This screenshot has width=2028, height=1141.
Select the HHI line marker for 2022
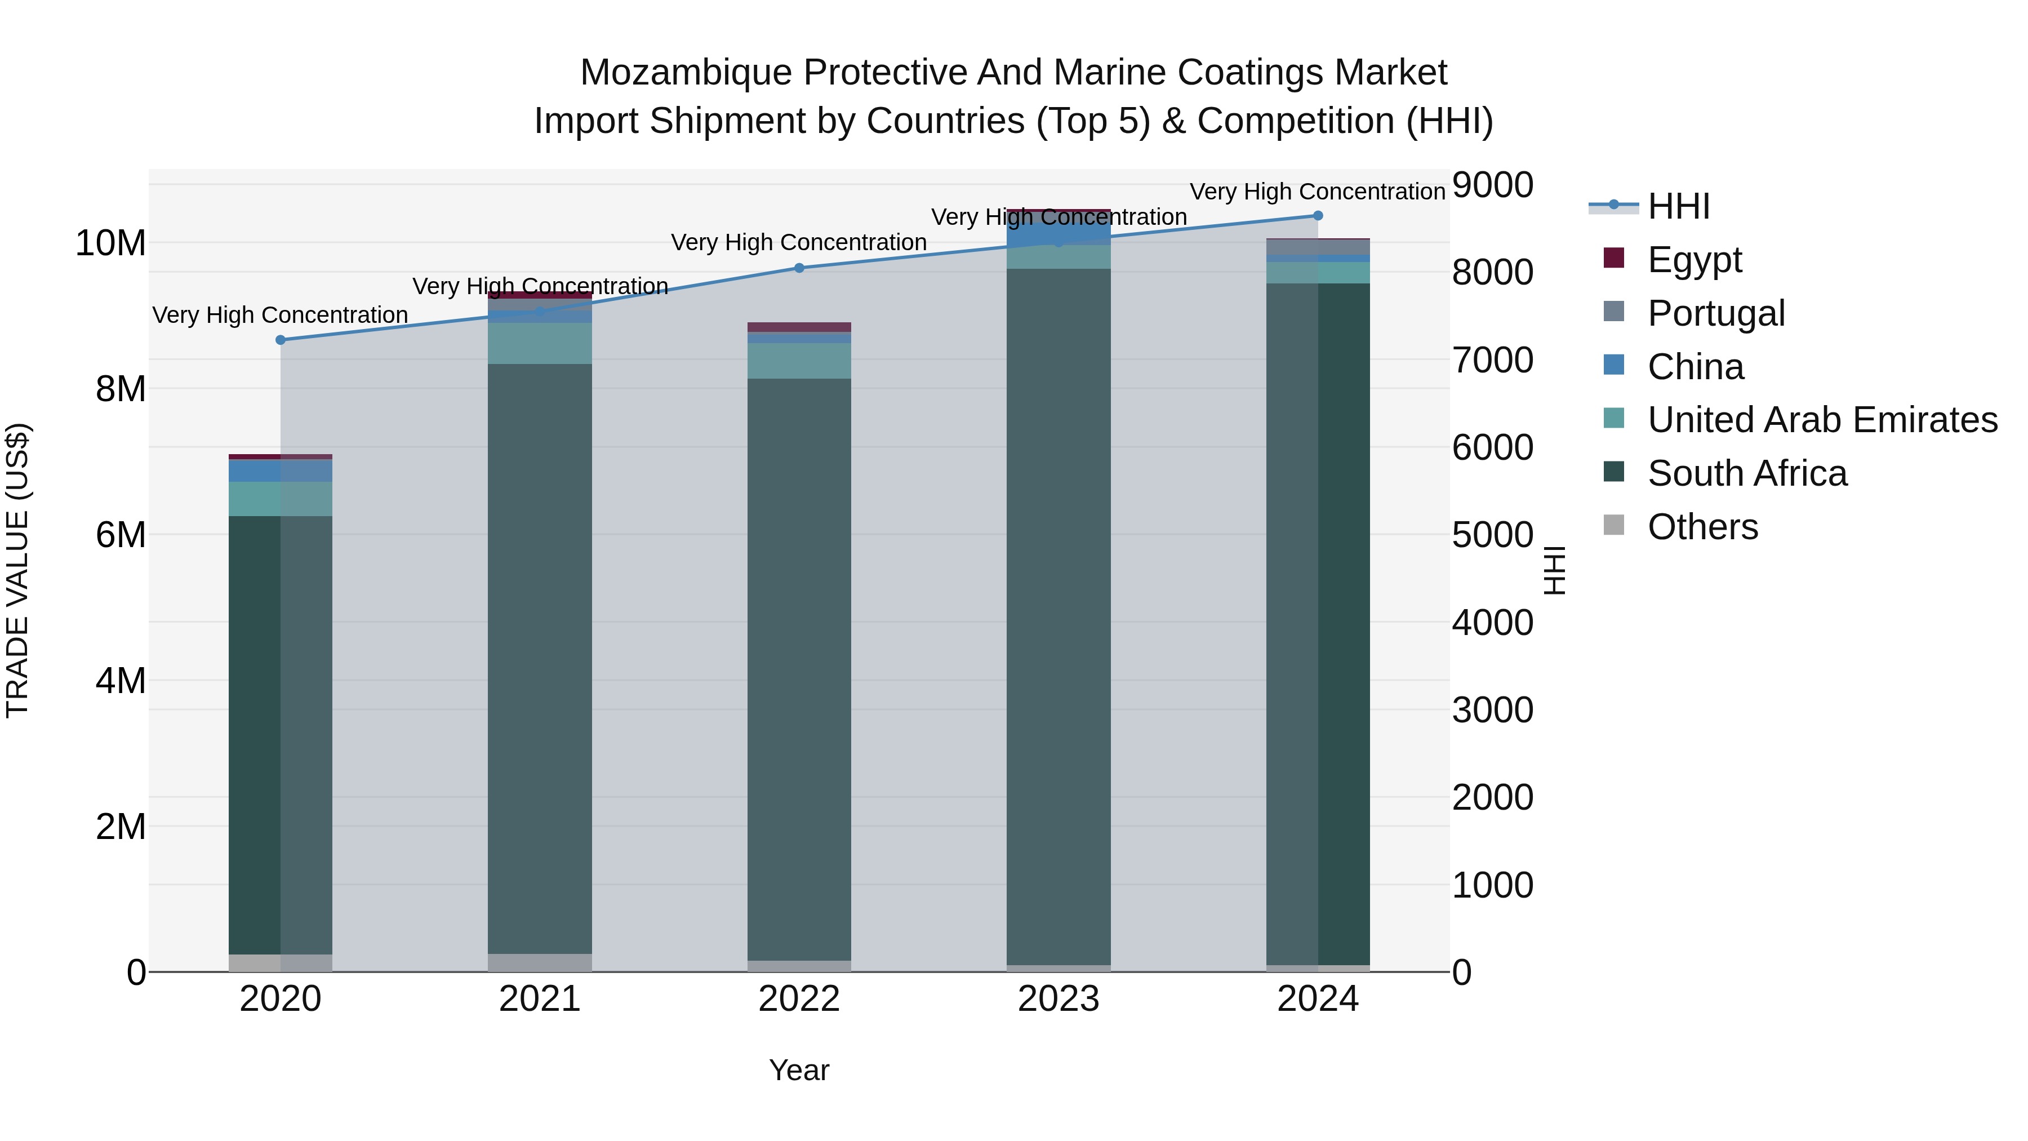point(799,268)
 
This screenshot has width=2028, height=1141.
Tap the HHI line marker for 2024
point(1318,216)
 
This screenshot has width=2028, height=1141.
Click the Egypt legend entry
point(1694,259)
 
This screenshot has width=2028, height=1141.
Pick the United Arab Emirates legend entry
point(1822,420)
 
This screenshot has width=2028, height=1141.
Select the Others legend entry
point(1702,527)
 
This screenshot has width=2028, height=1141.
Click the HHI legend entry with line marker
point(1678,206)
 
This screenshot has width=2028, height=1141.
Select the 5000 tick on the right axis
point(1492,535)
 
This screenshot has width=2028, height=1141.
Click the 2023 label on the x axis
point(1058,999)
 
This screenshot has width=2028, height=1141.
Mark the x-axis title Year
point(798,1070)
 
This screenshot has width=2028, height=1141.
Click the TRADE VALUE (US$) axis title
point(17,570)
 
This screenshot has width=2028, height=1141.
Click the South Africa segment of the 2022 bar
point(799,669)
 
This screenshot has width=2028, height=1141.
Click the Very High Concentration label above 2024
point(1317,192)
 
